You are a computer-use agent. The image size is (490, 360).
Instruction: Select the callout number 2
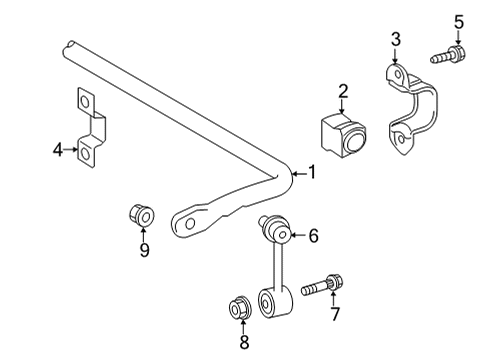pos(343,93)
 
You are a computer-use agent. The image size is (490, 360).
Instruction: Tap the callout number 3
pos(396,39)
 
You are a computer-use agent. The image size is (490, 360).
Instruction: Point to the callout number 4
pos(58,150)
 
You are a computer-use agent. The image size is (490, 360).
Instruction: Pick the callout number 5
pos(459,20)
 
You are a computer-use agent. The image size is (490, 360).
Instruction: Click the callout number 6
pos(312,236)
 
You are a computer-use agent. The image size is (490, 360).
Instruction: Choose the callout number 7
pos(336,315)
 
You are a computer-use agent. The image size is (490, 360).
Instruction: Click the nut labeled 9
pos(141,215)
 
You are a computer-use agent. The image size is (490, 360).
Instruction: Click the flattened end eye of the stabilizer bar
pos(185,223)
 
